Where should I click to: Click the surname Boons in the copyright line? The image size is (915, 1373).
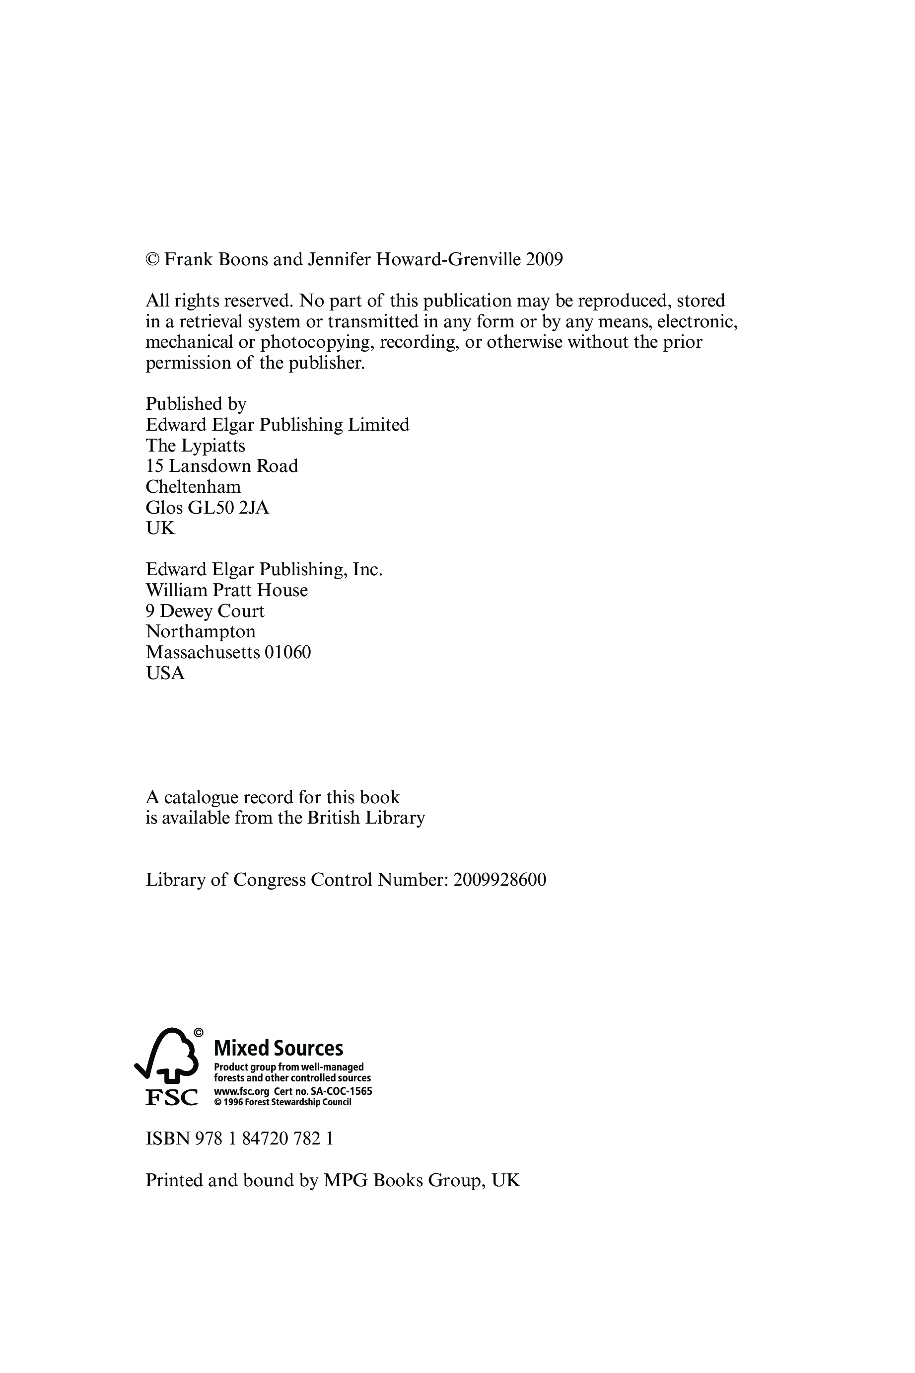(x=242, y=259)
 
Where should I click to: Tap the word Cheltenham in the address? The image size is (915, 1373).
(x=193, y=486)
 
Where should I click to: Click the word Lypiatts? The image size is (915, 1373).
(x=212, y=446)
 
